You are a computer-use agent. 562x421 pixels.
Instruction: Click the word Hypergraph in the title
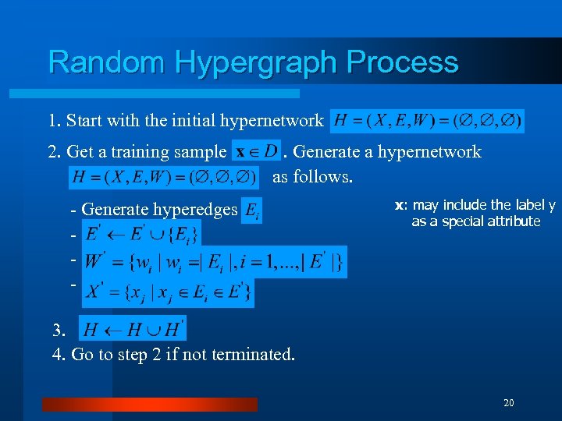(252, 62)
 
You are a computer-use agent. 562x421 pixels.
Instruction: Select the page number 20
(509, 402)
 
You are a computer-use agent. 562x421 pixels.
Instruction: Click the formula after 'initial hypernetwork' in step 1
(427, 121)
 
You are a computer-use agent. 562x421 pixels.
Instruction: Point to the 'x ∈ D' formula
(256, 151)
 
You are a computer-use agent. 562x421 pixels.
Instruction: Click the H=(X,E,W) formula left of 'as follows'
(164, 178)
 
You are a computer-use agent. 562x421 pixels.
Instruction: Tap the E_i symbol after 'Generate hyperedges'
(251, 210)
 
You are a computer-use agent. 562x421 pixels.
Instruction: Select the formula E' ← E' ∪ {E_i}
(141, 233)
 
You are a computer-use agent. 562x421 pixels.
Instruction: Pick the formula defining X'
(168, 291)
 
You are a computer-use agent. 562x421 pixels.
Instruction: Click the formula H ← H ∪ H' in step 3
(133, 328)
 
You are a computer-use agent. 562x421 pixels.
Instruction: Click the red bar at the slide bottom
(149, 404)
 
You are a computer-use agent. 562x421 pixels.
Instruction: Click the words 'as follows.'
(312, 177)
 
